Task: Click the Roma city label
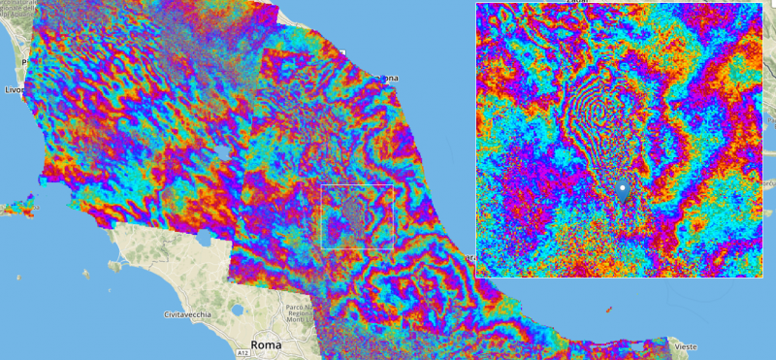pos(266,344)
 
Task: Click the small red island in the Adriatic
pos(608,310)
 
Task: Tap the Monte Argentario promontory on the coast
pos(117,264)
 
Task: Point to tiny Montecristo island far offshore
pos(19,278)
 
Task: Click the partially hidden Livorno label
pos(14,89)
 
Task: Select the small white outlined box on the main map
pos(357,216)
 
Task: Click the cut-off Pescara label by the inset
pos(468,257)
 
